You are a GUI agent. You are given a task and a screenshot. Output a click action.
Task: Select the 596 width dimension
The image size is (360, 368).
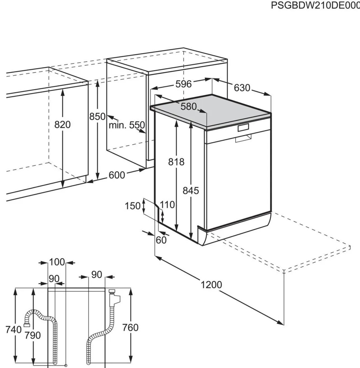point(183,84)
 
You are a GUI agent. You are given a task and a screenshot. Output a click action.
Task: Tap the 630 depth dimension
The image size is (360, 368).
point(242,88)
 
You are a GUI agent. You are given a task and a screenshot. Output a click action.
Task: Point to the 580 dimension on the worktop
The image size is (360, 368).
point(188,107)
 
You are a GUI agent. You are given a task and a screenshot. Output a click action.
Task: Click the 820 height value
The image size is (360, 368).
point(62,125)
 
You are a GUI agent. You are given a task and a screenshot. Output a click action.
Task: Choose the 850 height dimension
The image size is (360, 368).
point(97,117)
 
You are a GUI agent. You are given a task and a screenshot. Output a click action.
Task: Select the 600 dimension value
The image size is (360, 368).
point(117,175)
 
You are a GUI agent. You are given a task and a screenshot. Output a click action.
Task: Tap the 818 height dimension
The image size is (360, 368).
point(176,161)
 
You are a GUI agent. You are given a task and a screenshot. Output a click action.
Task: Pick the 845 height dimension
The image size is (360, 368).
point(191,190)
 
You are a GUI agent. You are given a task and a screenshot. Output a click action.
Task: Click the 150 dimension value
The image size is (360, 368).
point(133,206)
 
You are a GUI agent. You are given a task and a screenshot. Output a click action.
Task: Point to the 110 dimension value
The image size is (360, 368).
point(167,205)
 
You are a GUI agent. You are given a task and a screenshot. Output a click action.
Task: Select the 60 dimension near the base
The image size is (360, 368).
point(161,240)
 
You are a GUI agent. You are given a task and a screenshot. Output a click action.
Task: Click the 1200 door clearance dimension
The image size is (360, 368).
point(212,285)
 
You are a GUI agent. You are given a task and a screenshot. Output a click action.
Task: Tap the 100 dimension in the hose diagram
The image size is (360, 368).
point(57,262)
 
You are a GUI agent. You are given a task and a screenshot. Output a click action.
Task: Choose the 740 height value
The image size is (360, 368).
point(14,329)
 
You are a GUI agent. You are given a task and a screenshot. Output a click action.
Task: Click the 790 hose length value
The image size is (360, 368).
point(33,335)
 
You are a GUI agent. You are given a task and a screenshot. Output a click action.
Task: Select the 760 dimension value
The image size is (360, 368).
point(131,327)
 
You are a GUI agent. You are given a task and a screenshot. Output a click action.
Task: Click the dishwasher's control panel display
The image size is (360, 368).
point(243,128)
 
